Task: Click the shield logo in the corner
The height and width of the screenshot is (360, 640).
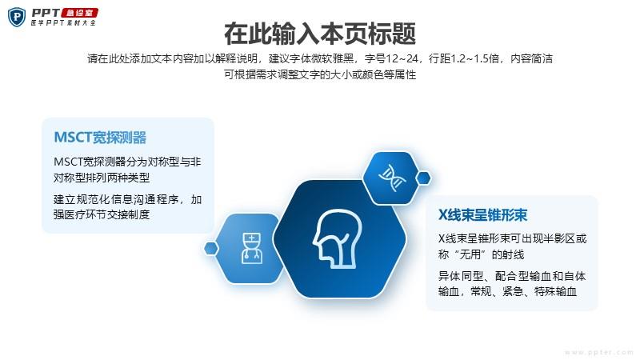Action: coord(17,17)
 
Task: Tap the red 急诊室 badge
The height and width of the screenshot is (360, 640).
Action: coord(79,13)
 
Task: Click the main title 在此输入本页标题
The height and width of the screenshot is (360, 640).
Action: coord(320,34)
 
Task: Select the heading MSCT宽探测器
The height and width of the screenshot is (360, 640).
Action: coord(100,138)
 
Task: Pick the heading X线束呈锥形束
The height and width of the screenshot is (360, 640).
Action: coord(482,214)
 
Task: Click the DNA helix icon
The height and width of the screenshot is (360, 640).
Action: coord(392,178)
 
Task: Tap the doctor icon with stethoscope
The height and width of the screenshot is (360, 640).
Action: coord(252,248)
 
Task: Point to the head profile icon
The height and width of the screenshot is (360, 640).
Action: coord(337,238)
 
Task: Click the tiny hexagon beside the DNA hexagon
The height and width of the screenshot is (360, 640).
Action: coord(423,178)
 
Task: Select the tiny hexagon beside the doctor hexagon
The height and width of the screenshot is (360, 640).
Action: coord(211,248)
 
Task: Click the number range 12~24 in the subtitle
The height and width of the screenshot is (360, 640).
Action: coord(402,58)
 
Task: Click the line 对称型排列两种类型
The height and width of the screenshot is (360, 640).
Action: coord(102,178)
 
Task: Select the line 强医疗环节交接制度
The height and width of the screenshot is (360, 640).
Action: coord(102,214)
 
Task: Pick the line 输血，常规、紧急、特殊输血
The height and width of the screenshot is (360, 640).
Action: coord(507,291)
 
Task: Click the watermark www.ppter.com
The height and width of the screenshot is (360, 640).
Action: coord(598,352)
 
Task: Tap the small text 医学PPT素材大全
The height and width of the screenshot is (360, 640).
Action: coord(63,23)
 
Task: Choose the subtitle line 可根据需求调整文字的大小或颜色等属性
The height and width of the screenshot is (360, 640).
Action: coord(320,74)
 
